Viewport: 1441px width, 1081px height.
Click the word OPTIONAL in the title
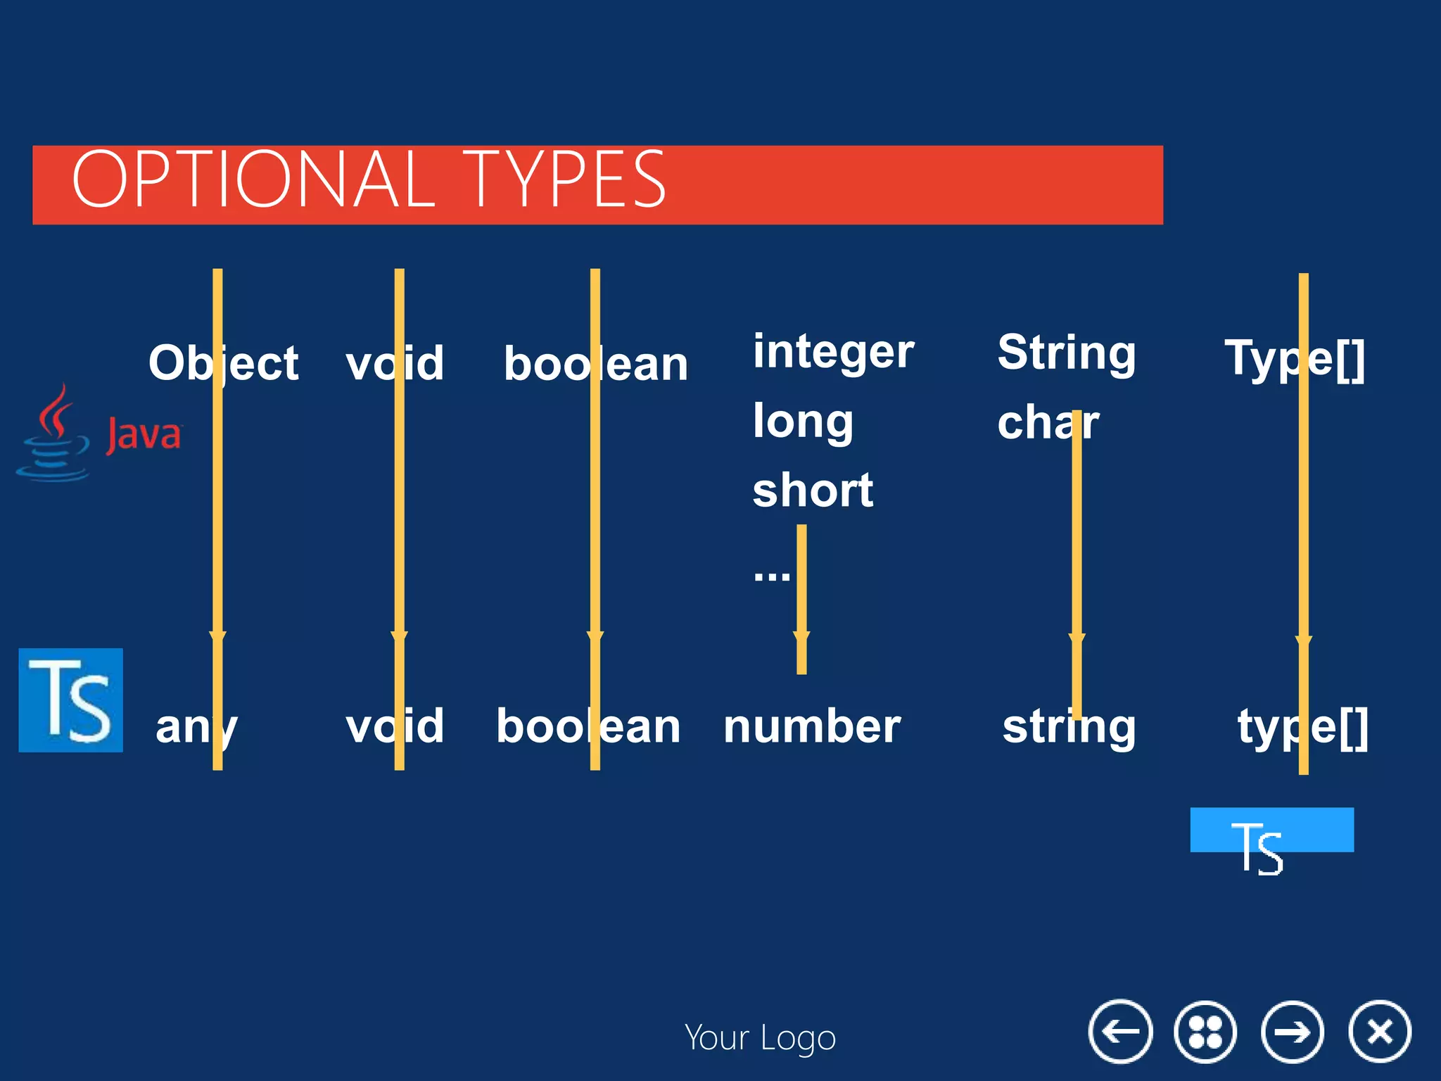coord(253,180)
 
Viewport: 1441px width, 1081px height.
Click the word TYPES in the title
coord(563,180)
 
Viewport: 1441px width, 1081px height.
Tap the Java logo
coord(99,433)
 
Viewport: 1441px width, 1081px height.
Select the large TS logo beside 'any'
coord(70,700)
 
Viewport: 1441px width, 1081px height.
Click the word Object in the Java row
coord(224,364)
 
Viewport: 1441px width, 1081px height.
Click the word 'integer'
coord(833,352)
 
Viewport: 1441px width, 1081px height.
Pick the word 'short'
coord(813,491)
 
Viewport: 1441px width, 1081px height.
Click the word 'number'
coord(812,726)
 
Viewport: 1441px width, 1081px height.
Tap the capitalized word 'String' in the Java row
coord(1067,353)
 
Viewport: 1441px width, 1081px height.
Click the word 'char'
coord(1048,423)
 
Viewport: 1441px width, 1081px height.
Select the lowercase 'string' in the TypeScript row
coord(1069,728)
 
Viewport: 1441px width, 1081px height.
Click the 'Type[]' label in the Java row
coord(1295,359)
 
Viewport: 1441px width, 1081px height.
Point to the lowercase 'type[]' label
coord(1302,728)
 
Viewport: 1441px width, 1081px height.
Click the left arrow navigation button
coord(1120,1032)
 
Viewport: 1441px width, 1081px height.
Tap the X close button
coord(1380,1032)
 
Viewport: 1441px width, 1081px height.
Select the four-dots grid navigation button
coord(1205,1032)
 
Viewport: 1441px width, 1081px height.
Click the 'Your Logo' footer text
coord(760,1038)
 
